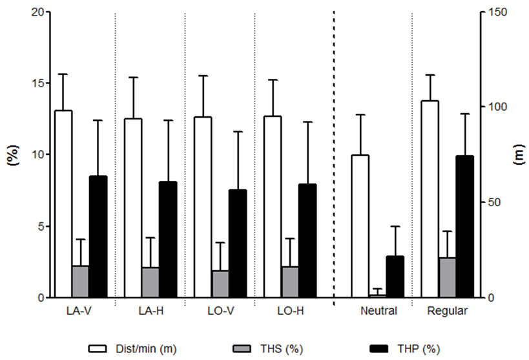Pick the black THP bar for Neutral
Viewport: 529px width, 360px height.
tap(395, 277)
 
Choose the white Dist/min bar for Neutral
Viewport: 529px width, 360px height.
tap(360, 226)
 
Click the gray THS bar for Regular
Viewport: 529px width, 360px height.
tap(447, 277)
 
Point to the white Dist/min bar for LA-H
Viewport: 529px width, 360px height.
tap(133, 207)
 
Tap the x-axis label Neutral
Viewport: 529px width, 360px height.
tap(379, 311)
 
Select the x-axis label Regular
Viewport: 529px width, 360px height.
tap(447, 311)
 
